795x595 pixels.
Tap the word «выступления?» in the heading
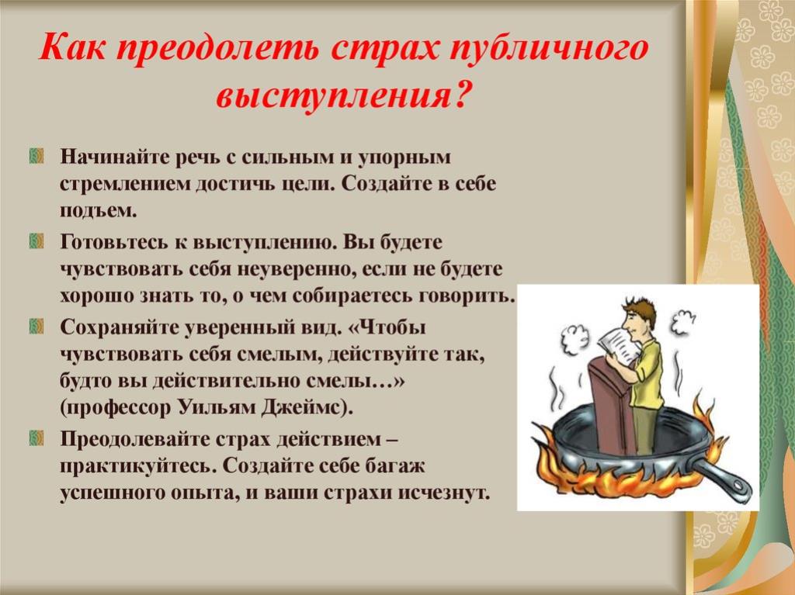(341, 93)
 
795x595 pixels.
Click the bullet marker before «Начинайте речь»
(36, 156)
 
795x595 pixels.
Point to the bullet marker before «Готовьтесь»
(36, 240)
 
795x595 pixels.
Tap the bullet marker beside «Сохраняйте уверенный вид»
(36, 326)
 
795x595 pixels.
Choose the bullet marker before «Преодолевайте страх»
(36, 438)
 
